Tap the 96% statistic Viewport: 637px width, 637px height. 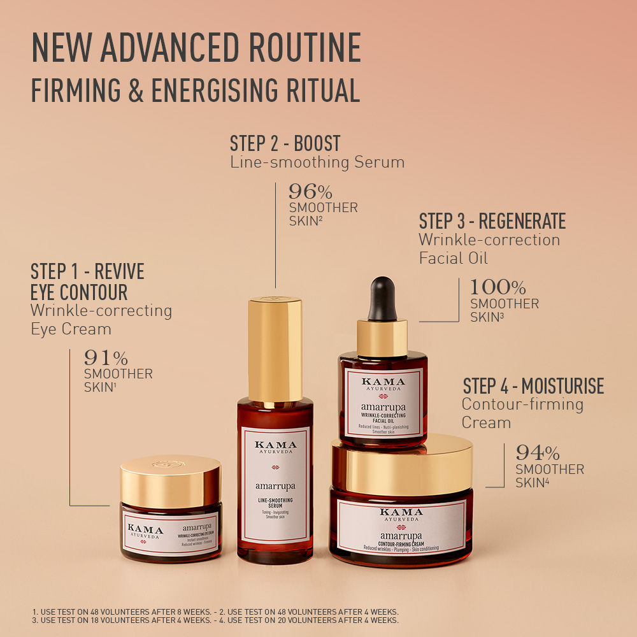click(x=310, y=192)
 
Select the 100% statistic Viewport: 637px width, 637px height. click(x=497, y=287)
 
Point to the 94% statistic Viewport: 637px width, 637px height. click(x=538, y=454)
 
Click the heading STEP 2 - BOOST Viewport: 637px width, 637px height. click(x=285, y=143)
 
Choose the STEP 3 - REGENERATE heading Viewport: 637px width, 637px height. click(x=492, y=222)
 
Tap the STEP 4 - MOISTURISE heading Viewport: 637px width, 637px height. click(x=533, y=386)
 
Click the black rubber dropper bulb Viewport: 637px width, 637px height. click(x=382, y=298)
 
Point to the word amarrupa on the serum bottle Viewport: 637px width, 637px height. click(x=275, y=486)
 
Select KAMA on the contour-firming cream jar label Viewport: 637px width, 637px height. click(x=401, y=512)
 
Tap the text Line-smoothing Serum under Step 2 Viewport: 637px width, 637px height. click(x=317, y=162)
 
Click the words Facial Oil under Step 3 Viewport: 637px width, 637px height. click(x=453, y=258)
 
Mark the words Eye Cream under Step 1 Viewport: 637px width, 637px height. click(x=71, y=329)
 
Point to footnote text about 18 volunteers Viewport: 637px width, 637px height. click(x=121, y=620)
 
